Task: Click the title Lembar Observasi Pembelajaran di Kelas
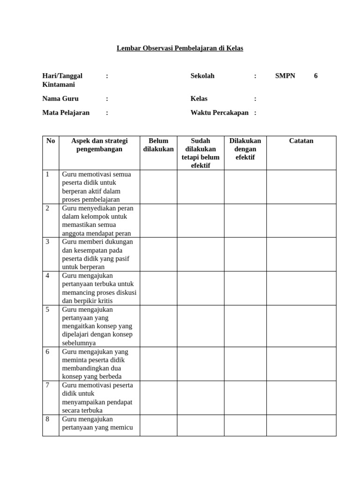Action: pos(180,48)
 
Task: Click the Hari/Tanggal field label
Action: pos(62,75)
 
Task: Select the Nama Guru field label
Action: pos(60,98)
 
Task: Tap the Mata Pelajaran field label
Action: pos(66,112)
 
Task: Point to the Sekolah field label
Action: pos(202,75)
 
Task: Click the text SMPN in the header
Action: pos(285,75)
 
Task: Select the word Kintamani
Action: pos(59,84)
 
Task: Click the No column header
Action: pos(51,141)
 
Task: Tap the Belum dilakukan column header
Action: pos(158,145)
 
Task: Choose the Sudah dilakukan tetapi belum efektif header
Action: pos(201,153)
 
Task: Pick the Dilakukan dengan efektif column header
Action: pos(245,149)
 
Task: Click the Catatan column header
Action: pos(301,141)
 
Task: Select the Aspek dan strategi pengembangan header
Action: pos(99,145)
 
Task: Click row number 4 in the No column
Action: pos(48,276)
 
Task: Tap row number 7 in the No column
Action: pos(48,385)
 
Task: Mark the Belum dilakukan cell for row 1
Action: pos(158,187)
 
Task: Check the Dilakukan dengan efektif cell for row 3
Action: pos(245,254)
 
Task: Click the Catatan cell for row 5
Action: pos(301,326)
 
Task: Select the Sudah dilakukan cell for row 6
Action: pos(201,364)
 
